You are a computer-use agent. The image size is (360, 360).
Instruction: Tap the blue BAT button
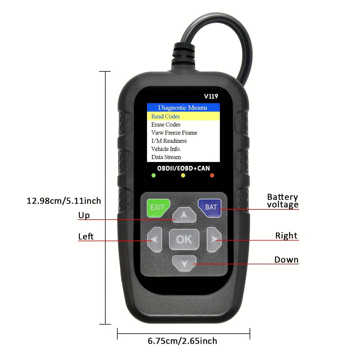[210, 208]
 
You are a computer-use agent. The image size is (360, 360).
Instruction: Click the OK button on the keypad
[184, 239]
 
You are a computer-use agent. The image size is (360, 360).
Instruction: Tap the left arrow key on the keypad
[154, 239]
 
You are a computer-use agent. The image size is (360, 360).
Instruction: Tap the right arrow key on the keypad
[214, 239]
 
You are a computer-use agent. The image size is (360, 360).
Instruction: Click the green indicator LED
[154, 175]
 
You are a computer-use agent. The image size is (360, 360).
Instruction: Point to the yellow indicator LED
[183, 175]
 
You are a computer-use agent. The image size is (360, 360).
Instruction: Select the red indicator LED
[212, 175]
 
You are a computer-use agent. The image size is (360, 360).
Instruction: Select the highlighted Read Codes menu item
[183, 116]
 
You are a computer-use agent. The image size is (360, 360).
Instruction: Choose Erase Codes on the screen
[166, 124]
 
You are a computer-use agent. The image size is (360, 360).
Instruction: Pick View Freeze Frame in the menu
[174, 133]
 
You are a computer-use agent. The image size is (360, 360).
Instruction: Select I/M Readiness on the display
[169, 141]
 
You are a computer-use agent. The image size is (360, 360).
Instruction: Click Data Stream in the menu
[166, 157]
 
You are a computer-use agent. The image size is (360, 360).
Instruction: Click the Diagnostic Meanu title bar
[183, 107]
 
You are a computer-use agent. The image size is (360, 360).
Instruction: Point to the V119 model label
[211, 96]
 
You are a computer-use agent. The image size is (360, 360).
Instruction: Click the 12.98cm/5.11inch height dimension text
[64, 201]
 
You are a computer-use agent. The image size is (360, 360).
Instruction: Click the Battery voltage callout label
[283, 201]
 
